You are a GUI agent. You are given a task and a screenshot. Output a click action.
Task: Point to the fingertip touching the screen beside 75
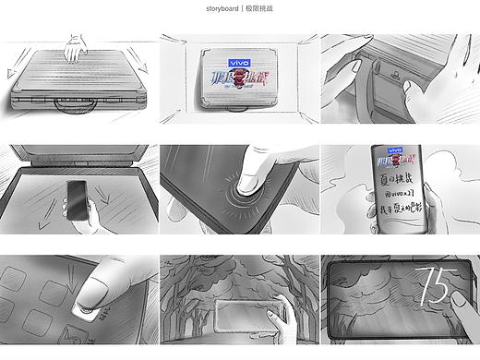point(459,305)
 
